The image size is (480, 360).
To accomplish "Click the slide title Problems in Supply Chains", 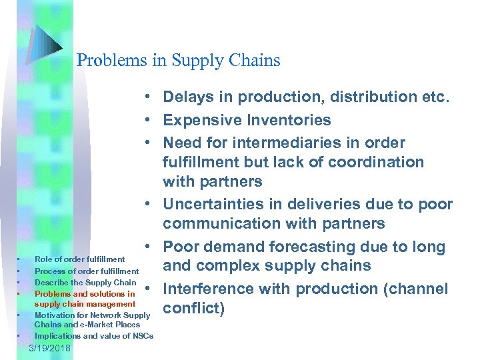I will point(178,61).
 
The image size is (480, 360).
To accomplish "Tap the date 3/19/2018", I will point(53,349).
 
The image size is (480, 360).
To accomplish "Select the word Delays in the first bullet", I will point(187,97).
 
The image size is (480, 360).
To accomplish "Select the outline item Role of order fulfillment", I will point(79,259).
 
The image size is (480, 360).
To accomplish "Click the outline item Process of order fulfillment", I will point(87,271).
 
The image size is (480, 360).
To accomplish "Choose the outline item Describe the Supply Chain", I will point(85,282).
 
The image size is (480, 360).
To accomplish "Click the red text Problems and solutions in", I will point(84,293).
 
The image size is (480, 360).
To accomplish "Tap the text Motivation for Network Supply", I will point(93,315).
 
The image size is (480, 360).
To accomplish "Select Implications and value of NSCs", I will point(93,335).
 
